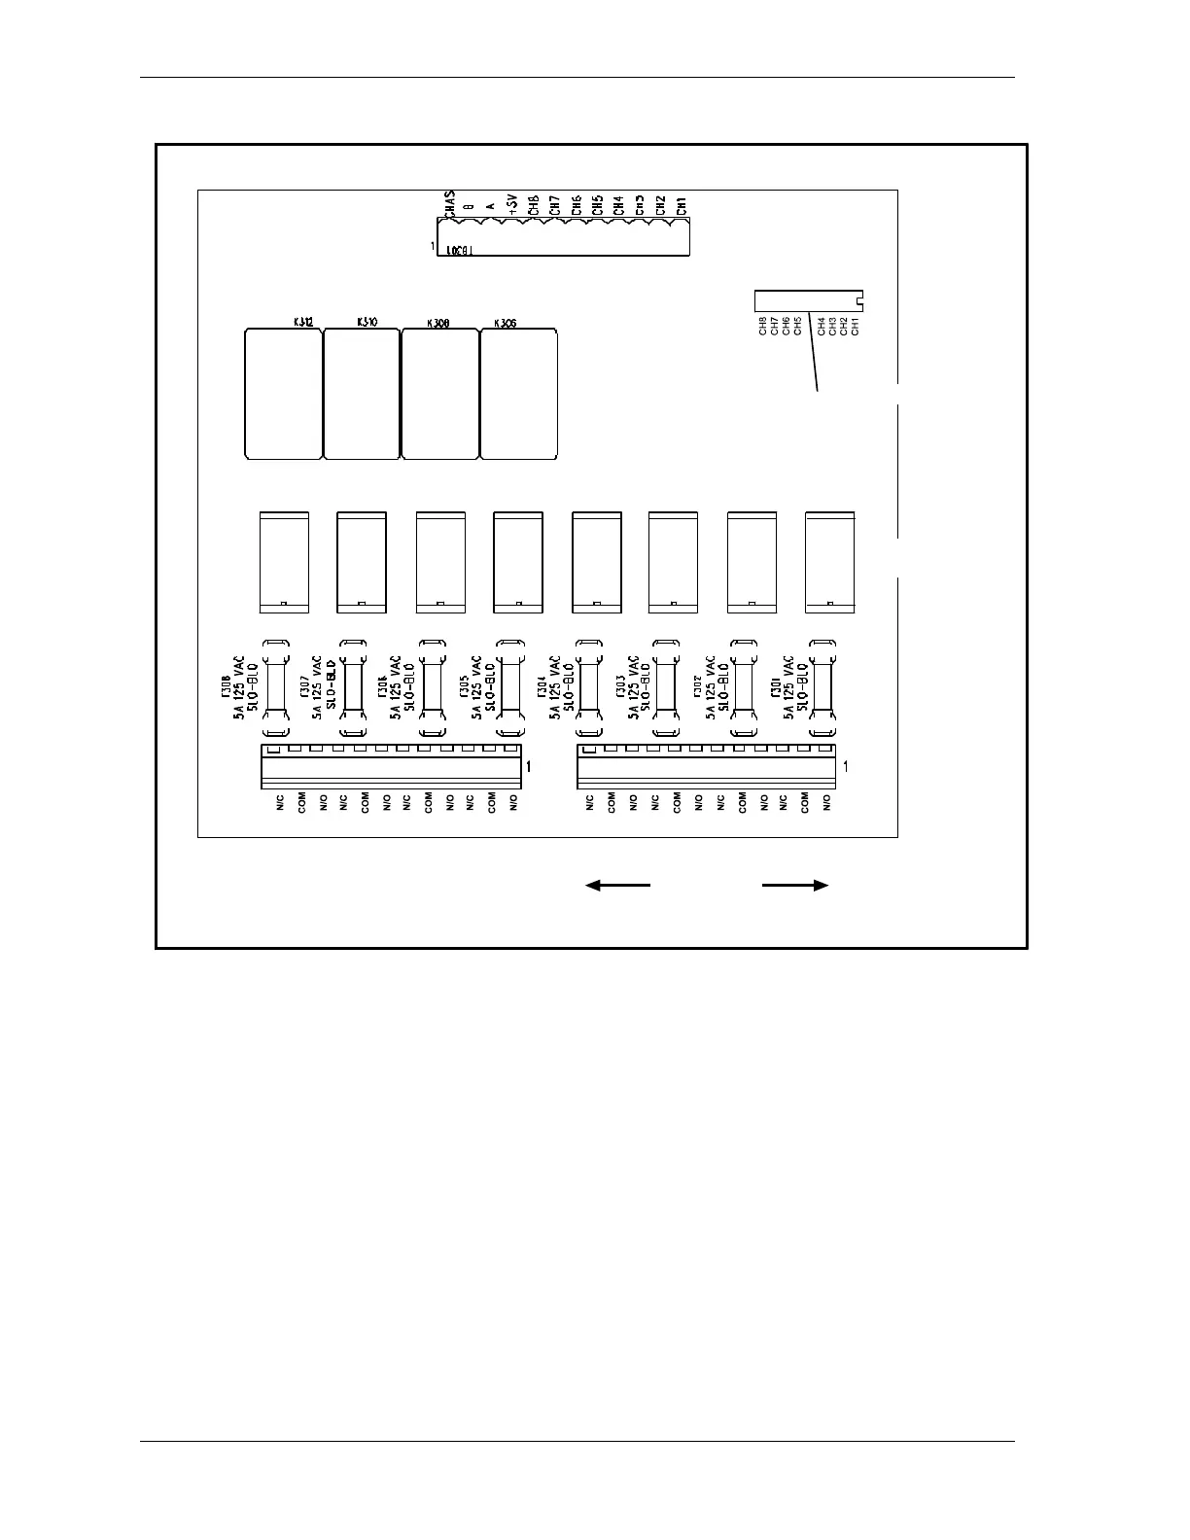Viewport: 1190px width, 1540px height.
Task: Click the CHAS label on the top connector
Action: click(x=448, y=204)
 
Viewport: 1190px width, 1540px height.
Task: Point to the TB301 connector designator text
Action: click(x=459, y=250)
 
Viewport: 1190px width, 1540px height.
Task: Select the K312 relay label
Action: click(x=302, y=321)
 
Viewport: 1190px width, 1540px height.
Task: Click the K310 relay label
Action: click(x=367, y=321)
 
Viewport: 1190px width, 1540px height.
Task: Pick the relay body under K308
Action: click(x=440, y=394)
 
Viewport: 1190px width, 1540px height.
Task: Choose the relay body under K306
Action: click(x=519, y=394)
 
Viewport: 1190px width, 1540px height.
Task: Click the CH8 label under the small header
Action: click(x=763, y=327)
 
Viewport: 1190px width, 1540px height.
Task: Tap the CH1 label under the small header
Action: click(x=856, y=327)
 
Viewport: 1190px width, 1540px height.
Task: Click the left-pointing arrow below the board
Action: click(x=617, y=885)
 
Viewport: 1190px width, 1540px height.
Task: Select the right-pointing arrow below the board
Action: click(x=795, y=885)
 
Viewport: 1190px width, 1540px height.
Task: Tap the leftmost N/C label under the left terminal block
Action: click(x=280, y=803)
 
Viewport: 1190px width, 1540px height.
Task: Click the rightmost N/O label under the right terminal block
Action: click(x=826, y=803)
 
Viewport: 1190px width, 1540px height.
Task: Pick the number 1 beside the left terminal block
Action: click(x=528, y=767)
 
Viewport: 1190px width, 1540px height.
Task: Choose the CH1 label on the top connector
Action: click(x=682, y=206)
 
